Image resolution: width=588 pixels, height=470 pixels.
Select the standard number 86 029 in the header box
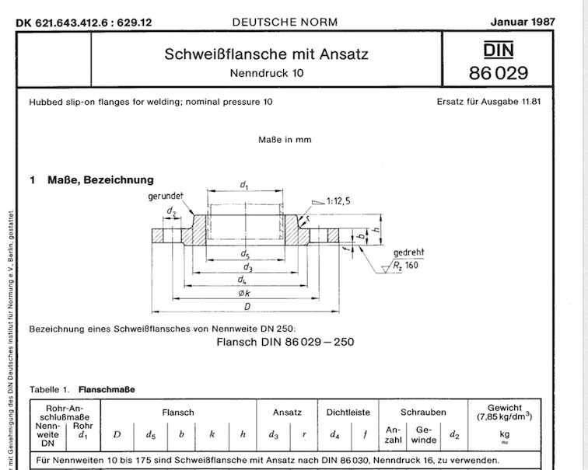(499, 74)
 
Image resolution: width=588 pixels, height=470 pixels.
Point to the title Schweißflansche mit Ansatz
(266, 55)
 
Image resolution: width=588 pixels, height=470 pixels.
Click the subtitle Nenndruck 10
(266, 75)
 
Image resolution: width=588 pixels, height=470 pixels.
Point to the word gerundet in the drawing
(165, 197)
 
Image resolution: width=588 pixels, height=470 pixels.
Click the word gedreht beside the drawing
(409, 253)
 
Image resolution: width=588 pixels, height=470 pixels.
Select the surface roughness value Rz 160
(404, 266)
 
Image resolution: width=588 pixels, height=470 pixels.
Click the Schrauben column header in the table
(423, 413)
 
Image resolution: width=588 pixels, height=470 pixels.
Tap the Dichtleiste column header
(348, 413)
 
